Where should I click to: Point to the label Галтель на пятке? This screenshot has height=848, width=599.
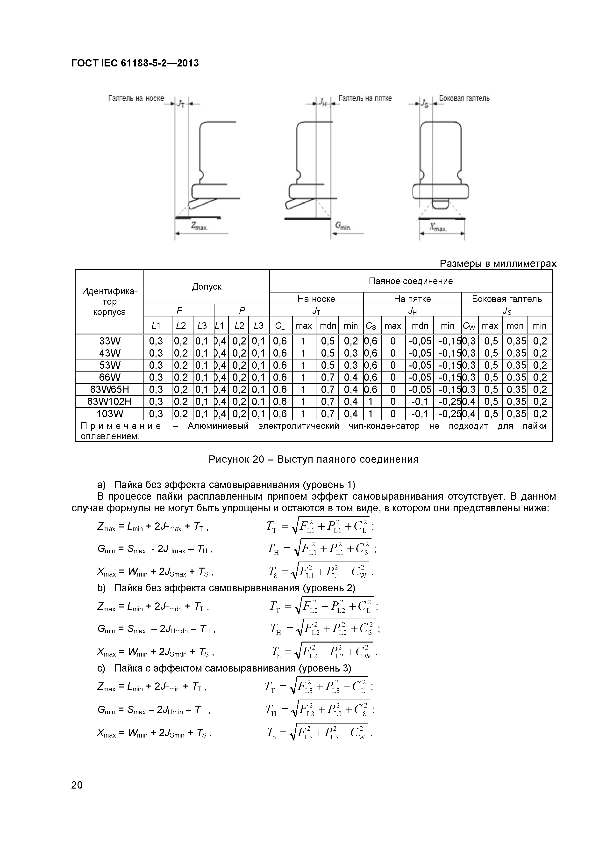tap(365, 99)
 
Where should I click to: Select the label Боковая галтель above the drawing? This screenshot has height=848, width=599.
tap(464, 99)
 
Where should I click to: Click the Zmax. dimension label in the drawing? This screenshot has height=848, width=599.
tap(199, 227)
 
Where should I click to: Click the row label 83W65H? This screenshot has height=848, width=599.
tap(110, 389)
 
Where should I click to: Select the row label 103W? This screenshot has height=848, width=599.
tap(110, 414)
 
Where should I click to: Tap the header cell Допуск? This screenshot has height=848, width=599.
tap(207, 287)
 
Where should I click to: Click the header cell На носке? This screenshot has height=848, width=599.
tap(316, 299)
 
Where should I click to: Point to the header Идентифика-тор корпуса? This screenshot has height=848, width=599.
tap(110, 302)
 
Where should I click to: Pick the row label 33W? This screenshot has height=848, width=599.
tap(110, 341)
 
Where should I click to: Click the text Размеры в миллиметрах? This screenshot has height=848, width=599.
tap(498, 264)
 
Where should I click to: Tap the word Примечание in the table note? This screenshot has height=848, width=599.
tap(121, 426)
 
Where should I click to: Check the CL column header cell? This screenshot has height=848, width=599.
tap(280, 326)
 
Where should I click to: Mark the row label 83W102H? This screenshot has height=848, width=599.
tap(110, 402)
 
